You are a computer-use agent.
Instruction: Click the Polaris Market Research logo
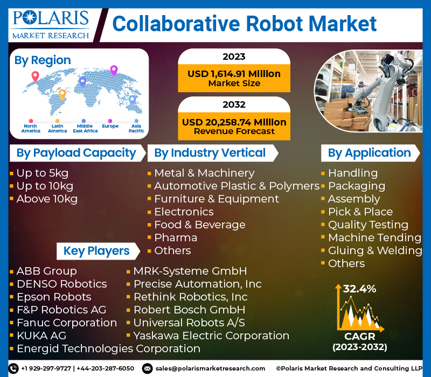(x=51, y=25)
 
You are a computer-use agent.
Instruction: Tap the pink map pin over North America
(x=35, y=76)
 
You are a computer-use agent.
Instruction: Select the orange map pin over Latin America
(x=62, y=95)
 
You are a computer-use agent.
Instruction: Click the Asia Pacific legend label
(x=136, y=128)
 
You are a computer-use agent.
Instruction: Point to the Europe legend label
(x=110, y=126)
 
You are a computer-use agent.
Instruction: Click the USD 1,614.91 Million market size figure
(x=234, y=74)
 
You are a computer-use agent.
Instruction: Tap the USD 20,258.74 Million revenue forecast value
(x=234, y=122)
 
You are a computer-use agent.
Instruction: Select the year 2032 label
(x=234, y=104)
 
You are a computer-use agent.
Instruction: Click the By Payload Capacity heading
(x=77, y=153)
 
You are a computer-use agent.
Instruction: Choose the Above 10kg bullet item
(x=47, y=199)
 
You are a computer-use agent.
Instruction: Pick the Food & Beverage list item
(x=200, y=225)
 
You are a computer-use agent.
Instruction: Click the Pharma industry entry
(x=176, y=238)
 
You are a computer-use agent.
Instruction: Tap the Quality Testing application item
(x=369, y=225)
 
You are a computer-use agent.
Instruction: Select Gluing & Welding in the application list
(x=375, y=250)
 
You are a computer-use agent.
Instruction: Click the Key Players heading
(x=96, y=251)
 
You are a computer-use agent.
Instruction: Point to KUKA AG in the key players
(x=41, y=336)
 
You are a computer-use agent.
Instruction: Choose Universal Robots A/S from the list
(x=189, y=323)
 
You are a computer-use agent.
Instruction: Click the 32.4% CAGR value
(x=359, y=289)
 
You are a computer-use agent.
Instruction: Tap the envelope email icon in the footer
(x=147, y=368)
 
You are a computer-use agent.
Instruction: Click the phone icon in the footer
(x=13, y=368)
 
